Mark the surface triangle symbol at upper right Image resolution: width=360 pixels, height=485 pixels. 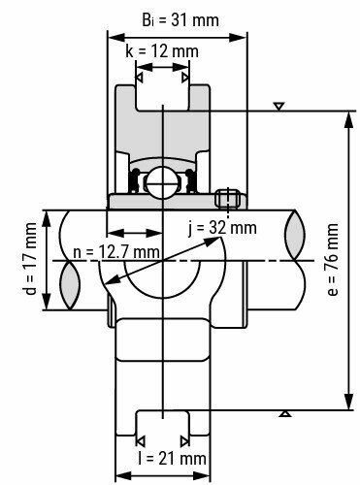pyautogui.click(x=279, y=105)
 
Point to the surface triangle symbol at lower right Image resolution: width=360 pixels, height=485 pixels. pyautogui.click(x=284, y=415)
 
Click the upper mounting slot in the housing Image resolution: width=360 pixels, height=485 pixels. pyautogui.click(x=162, y=100)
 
